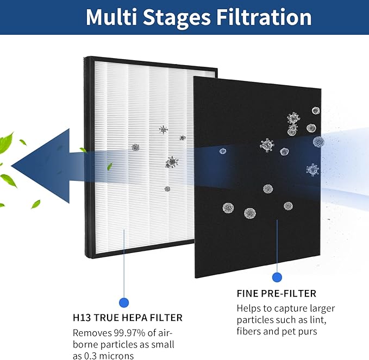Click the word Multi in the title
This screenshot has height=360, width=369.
(111, 17)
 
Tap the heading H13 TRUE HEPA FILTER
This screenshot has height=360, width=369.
(127, 318)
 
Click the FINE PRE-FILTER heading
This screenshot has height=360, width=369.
(276, 294)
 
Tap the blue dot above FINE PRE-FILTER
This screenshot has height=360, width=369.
(277, 277)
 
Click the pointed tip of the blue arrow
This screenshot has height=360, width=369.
(12, 163)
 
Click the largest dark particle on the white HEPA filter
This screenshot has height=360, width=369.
(172, 161)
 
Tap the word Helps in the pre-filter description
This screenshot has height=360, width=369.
(249, 308)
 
